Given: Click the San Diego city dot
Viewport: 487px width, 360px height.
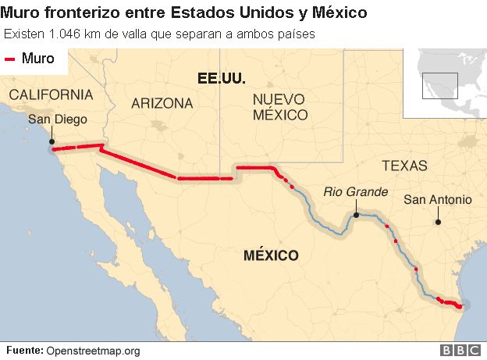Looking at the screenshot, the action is click(52, 143).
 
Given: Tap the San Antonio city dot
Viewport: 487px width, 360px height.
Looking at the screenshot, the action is click(438, 222).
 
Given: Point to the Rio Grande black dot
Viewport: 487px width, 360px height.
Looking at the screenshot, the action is click(356, 214).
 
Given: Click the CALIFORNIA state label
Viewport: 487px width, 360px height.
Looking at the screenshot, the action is click(51, 94).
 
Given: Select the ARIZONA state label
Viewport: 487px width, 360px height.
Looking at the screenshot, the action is click(162, 103).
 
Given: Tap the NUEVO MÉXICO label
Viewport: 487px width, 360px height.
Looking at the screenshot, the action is click(280, 106).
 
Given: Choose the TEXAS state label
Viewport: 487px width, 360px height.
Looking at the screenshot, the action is click(404, 166).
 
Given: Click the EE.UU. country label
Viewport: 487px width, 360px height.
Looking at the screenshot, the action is click(222, 78).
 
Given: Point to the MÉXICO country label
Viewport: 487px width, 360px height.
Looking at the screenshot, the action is click(271, 255).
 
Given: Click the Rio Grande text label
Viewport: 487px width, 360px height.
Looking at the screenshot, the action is click(356, 192).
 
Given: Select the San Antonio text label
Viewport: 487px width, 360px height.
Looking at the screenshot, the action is click(438, 200).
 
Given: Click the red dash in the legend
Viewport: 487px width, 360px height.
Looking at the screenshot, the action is click(11, 59).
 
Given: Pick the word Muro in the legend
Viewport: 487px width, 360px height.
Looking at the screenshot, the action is click(38, 59).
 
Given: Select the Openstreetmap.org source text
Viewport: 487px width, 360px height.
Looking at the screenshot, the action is click(93, 351).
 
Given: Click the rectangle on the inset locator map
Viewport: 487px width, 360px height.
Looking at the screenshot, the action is click(439, 85).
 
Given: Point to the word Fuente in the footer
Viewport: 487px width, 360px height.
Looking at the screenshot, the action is click(24, 351).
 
